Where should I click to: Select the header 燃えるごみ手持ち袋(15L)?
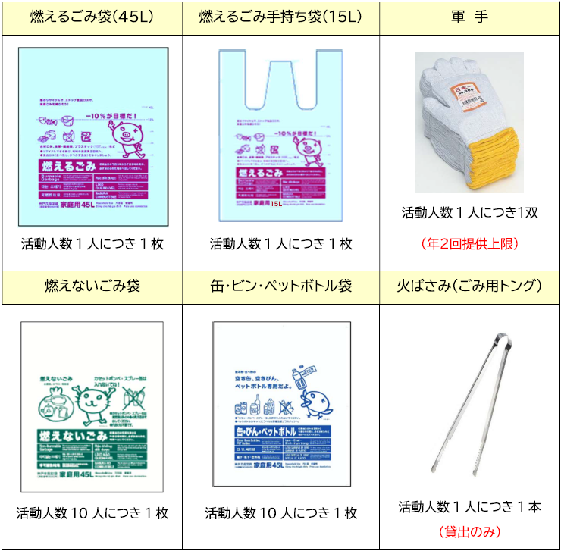point(280,17)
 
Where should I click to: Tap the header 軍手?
point(469,17)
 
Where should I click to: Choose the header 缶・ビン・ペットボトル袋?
point(280,286)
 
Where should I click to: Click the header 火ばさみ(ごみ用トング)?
point(469,286)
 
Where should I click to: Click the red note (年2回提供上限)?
point(469,244)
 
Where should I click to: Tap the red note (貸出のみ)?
point(469,531)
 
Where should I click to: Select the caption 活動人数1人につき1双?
point(469,213)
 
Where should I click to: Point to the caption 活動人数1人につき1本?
point(469,507)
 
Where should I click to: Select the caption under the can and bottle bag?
point(280,513)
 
